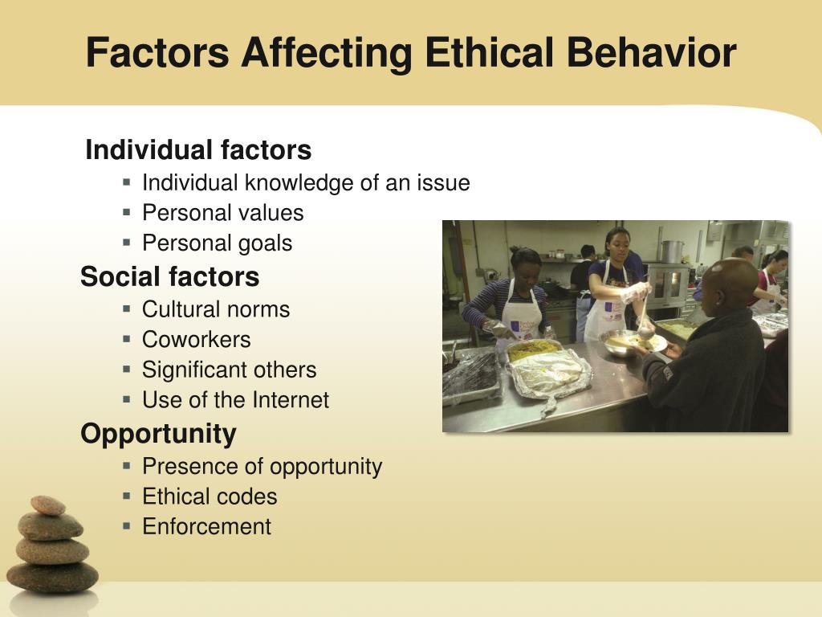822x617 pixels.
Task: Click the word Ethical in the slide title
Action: coord(490,52)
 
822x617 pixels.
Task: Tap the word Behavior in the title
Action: coord(652,52)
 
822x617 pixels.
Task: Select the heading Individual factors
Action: coord(198,149)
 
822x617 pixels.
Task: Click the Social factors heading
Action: coord(170,276)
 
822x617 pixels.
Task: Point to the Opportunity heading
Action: coord(158,435)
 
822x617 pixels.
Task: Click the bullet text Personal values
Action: coord(223,213)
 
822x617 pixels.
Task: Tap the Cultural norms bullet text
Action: coord(216,309)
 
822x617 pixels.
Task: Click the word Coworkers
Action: coord(196,340)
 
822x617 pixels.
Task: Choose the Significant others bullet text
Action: coord(229,370)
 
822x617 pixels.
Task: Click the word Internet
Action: coord(291,400)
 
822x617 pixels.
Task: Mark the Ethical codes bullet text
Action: coord(210,496)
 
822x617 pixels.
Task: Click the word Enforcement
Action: coord(206,527)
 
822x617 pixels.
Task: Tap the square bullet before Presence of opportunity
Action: coord(126,465)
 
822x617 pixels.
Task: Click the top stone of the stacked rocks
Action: coord(48,505)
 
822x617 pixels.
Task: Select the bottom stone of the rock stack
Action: coord(52,578)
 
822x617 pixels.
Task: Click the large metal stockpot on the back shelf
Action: coord(672,251)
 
